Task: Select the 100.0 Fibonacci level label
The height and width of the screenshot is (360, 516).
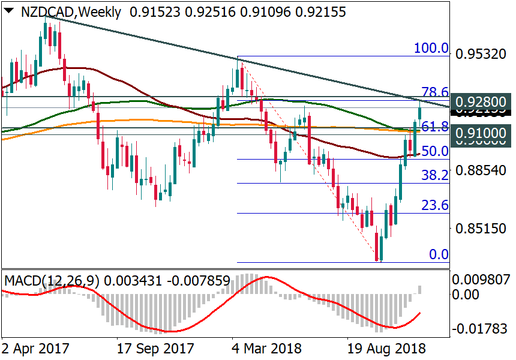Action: tap(431, 49)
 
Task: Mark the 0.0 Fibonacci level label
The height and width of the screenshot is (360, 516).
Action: tap(439, 254)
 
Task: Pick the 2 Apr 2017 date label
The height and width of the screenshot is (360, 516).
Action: tap(35, 349)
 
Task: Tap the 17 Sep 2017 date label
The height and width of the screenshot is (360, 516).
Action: tap(155, 349)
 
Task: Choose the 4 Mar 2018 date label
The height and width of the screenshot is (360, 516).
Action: tap(266, 349)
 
